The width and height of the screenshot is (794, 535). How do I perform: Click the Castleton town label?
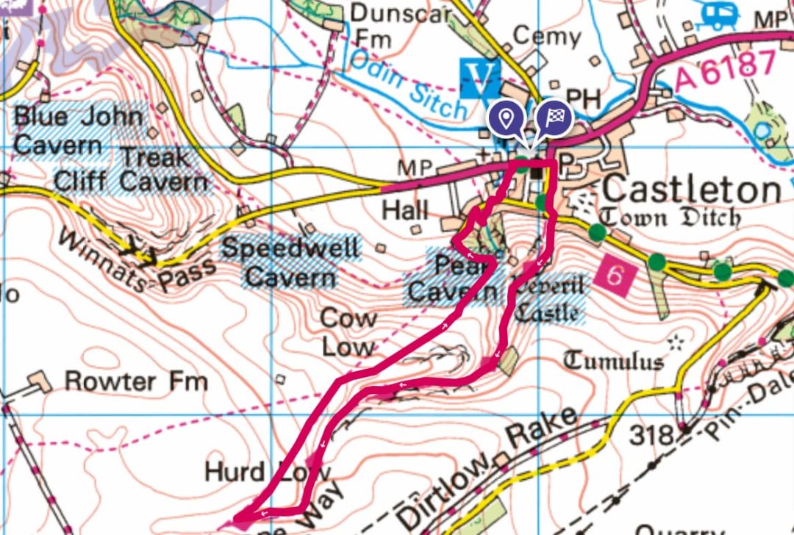coord(691,190)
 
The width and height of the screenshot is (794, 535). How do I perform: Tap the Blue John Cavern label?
coord(79,130)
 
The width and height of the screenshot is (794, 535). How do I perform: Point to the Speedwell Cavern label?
coord(292,262)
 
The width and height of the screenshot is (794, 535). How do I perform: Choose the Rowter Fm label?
coord(136,381)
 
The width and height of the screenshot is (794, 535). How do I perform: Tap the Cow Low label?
coord(348,332)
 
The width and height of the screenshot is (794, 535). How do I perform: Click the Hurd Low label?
coord(268,472)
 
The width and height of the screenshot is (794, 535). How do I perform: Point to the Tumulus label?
coord(613,360)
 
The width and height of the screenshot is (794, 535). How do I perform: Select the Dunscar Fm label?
coord(390,24)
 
